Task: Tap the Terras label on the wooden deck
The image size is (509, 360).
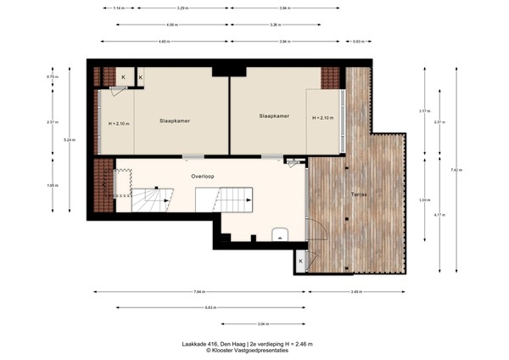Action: pyautogui.click(x=359, y=195)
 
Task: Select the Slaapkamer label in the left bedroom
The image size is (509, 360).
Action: pyautogui.click(x=174, y=121)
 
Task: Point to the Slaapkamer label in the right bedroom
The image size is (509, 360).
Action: pyautogui.click(x=274, y=116)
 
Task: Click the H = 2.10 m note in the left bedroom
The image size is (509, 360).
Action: pyautogui.click(x=120, y=124)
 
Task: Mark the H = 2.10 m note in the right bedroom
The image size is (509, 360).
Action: pyautogui.click(x=323, y=118)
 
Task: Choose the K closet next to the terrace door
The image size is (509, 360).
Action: pyautogui.click(x=301, y=261)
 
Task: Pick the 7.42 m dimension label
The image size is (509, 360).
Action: pyautogui.click(x=456, y=170)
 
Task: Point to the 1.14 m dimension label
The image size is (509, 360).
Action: pyautogui.click(x=119, y=8)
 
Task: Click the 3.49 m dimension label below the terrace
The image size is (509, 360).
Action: pyautogui.click(x=356, y=292)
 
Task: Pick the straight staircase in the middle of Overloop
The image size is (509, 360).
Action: pyautogui.click(x=224, y=200)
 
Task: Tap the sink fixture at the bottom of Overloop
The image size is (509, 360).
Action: pyautogui.click(x=279, y=235)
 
